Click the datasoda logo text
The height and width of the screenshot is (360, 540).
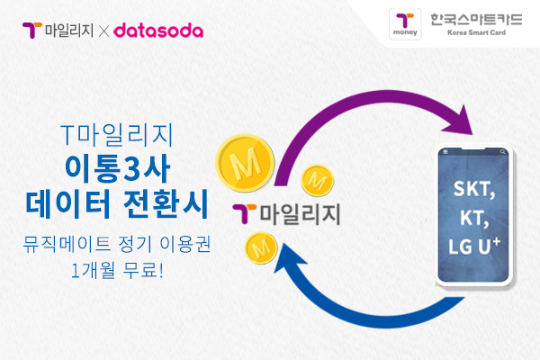pos(158,31)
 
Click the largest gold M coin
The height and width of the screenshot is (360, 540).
pos(241,161)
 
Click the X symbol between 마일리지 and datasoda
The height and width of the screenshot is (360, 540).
pos(103,31)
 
